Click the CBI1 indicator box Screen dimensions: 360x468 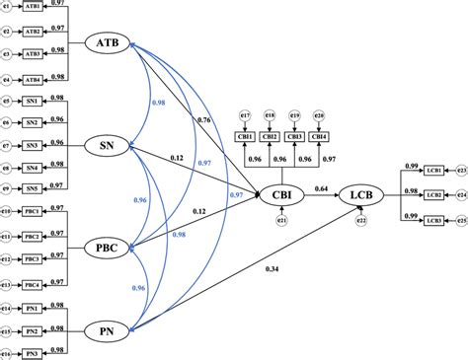coord(247,136)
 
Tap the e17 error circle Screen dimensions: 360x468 coord(247,115)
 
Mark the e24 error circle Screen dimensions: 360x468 coord(461,194)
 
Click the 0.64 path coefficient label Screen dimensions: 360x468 coord(321,186)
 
